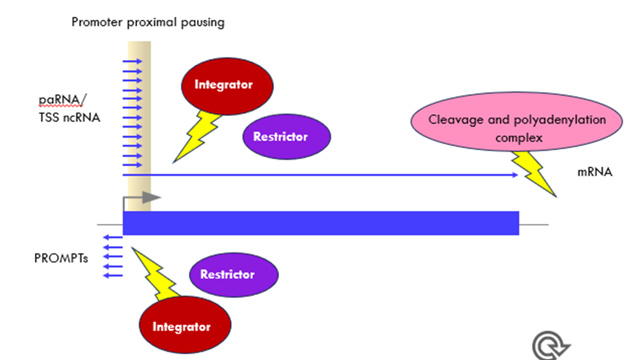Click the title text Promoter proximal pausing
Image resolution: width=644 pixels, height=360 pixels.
pos(148,22)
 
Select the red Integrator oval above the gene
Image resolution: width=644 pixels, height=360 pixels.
pos(227,86)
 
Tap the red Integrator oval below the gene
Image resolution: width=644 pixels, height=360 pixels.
pos(185,325)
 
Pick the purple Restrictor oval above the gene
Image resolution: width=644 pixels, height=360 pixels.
pos(287,137)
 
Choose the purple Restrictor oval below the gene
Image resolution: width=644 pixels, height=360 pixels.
pos(234,274)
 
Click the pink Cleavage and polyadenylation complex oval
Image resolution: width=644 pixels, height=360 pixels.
pos(516,122)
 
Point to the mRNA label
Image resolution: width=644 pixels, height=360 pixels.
pos(594,171)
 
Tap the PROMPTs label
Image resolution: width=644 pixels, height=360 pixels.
pos(61,258)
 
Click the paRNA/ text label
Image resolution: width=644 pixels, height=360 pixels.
pos(62,100)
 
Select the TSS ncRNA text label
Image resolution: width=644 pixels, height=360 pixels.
pos(70,118)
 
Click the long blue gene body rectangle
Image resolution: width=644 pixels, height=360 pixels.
pos(321,223)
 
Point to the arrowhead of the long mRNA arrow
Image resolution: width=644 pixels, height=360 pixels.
pos(516,175)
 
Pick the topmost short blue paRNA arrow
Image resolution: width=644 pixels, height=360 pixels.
pos(132,62)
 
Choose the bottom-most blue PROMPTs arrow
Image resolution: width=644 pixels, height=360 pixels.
pos(113,276)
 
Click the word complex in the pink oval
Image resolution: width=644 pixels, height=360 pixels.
pos(518,138)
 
